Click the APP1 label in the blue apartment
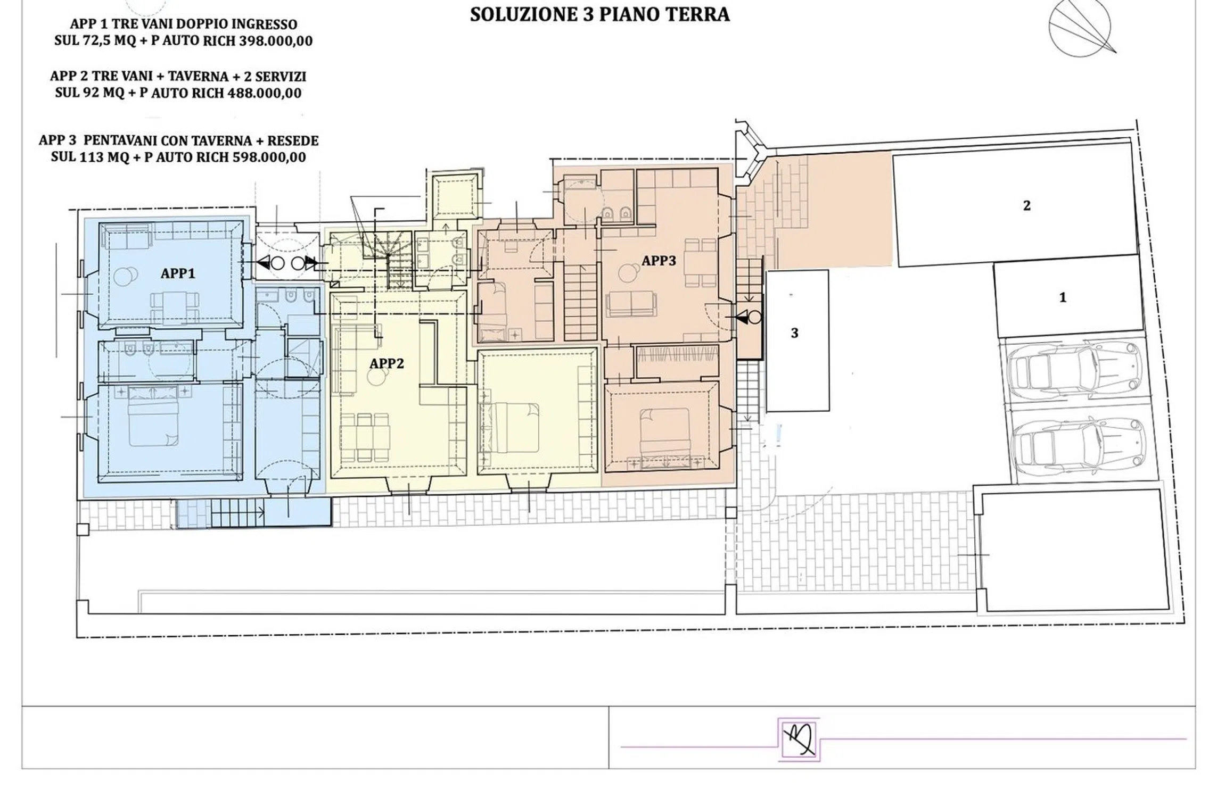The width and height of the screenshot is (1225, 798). tap(178, 273)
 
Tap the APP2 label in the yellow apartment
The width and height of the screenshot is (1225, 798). tap(387, 363)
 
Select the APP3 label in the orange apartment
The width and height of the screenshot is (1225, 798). tap(659, 261)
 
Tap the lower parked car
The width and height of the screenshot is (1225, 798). tap(1078, 446)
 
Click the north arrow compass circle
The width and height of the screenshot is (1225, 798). tap(1080, 27)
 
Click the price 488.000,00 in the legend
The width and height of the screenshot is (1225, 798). tap(265, 93)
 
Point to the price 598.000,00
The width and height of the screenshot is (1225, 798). tap(269, 157)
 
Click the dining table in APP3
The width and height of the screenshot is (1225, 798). tap(701, 263)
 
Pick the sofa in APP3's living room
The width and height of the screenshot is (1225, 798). tap(631, 304)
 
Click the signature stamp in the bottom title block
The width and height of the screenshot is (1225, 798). tap(799, 739)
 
